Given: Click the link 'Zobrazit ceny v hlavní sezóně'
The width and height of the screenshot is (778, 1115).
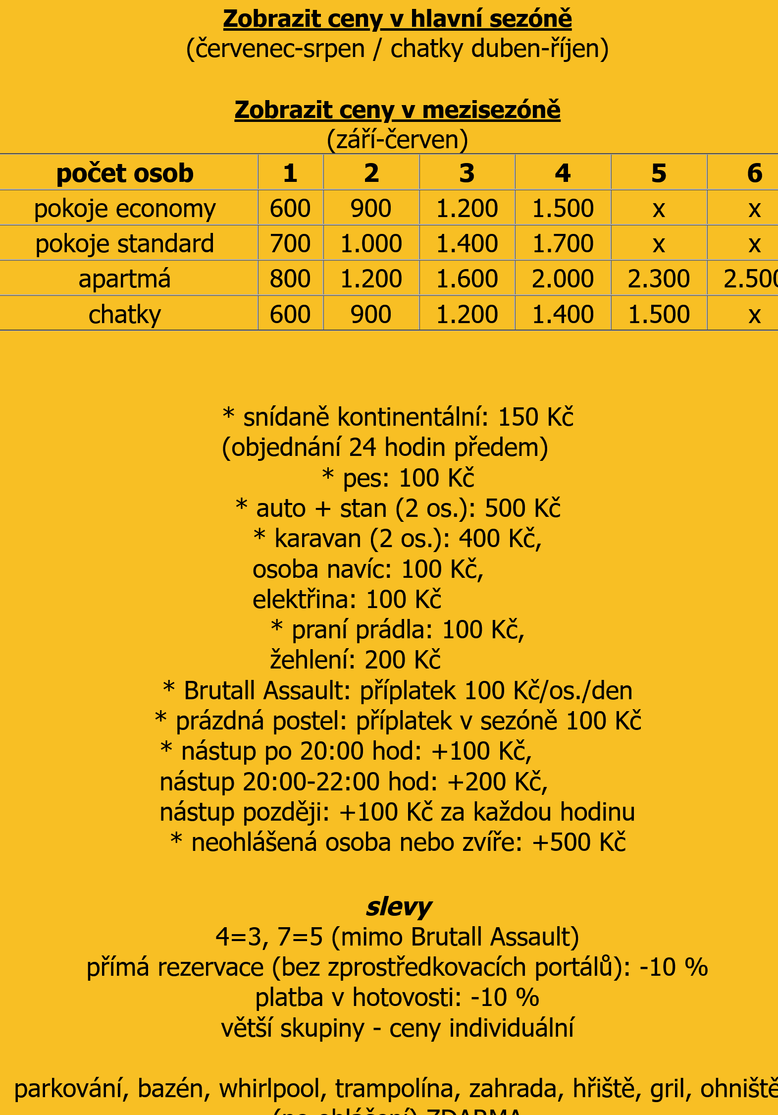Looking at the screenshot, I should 397,19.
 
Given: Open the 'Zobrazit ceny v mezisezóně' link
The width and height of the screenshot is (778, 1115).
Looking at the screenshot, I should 397,110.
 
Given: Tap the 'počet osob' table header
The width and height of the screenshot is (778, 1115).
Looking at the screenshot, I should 125,173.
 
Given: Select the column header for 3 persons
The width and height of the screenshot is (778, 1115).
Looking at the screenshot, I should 467,173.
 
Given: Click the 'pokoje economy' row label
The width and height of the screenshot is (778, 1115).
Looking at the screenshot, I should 125,209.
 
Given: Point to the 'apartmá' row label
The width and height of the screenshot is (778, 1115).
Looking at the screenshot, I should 125,279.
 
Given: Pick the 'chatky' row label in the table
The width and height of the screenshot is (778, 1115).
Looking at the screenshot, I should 125,314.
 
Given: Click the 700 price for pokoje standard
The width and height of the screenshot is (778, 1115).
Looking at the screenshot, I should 290,243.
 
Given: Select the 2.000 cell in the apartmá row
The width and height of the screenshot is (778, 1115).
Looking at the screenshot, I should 563,279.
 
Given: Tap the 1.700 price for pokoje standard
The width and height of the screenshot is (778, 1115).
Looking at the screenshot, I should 563,243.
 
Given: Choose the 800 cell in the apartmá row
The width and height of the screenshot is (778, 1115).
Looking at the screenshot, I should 290,279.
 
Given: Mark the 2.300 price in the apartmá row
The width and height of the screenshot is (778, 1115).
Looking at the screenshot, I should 659,279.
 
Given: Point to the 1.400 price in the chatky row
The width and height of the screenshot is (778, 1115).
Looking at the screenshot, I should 563,314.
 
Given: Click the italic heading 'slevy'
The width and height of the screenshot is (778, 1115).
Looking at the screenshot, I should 399,907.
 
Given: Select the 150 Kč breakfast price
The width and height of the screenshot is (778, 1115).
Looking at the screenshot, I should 535,417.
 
